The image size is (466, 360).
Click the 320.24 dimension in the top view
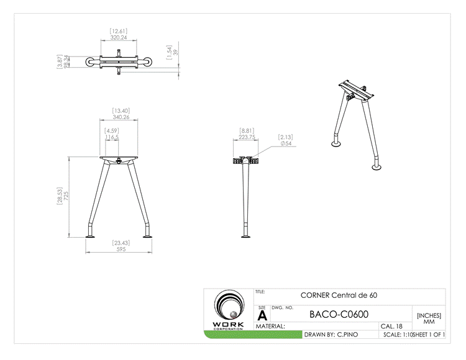click(119, 37)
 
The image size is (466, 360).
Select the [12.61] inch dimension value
click(119, 30)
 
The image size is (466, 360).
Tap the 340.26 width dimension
click(121, 117)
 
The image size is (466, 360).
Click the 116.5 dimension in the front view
click(112, 137)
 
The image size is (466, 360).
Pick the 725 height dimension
click(66, 196)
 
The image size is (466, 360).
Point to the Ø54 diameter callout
click(286, 143)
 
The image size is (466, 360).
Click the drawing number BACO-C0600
click(339, 315)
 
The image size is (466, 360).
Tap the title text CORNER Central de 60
click(339, 295)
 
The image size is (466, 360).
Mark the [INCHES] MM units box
click(429, 318)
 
